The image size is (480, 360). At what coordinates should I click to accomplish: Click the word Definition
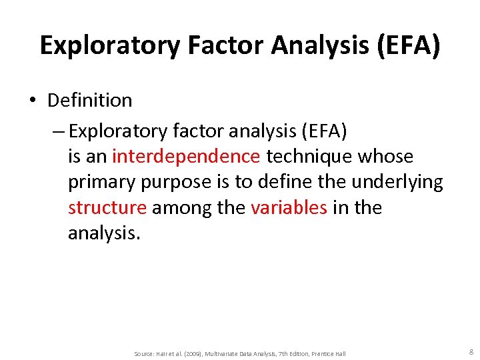click(90, 101)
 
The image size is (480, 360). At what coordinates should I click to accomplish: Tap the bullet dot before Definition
click(32, 101)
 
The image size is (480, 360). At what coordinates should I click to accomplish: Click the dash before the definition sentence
click(57, 131)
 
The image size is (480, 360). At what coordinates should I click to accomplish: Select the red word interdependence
click(186, 157)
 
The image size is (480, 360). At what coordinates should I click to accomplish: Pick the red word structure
click(107, 208)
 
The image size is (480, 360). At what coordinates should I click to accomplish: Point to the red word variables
click(289, 208)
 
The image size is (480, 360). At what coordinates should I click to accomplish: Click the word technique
click(309, 157)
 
